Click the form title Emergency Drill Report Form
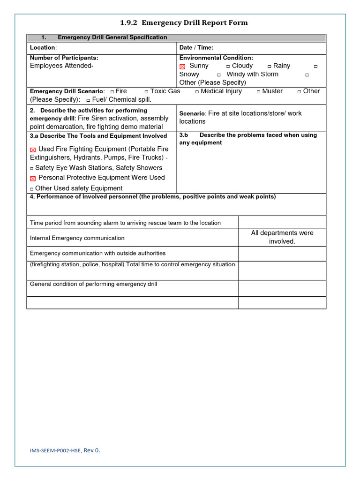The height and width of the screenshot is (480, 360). [x=184, y=22]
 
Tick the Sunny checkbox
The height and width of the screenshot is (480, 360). [x=183, y=67]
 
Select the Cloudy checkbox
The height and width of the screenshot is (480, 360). [x=228, y=67]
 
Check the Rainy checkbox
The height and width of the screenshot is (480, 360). [x=269, y=67]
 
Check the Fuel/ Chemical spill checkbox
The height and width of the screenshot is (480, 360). [x=88, y=100]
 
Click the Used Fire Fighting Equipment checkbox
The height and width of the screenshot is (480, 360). [x=33, y=150]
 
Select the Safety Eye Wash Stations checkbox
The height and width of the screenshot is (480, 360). [x=31, y=168]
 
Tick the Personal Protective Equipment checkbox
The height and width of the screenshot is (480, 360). [x=33, y=179]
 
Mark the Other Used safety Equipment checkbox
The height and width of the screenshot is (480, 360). [x=31, y=189]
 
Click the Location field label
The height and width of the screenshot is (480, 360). [x=43, y=48]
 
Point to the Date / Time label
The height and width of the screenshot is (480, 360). [x=196, y=48]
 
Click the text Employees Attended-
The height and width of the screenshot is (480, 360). [x=61, y=66]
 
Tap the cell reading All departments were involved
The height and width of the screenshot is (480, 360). [x=282, y=237]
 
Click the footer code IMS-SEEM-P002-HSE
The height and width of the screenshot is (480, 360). [x=56, y=450]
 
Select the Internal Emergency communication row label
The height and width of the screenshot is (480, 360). [x=77, y=238]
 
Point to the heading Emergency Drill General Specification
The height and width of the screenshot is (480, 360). [x=112, y=37]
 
